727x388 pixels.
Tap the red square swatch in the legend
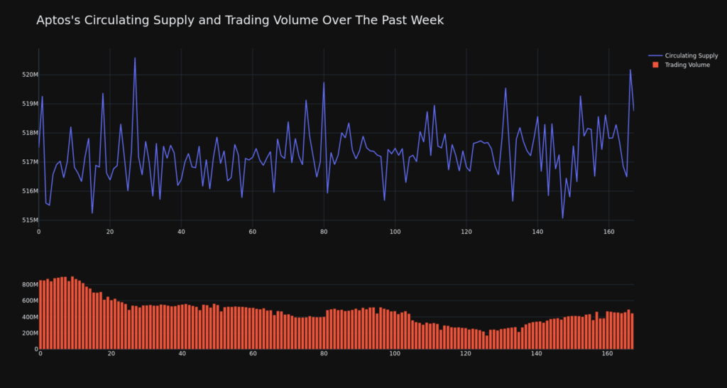point(655,65)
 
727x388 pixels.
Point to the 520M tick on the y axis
point(30,75)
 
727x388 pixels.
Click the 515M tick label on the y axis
point(30,220)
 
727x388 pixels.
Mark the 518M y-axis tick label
point(30,133)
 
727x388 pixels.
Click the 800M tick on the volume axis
point(28,285)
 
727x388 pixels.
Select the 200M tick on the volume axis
point(28,333)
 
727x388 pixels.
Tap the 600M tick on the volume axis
point(28,301)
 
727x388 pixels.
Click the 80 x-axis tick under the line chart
point(324,232)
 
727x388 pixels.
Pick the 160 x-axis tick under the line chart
point(608,232)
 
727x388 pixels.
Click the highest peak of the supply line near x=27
point(135,58)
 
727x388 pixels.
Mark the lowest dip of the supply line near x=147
point(562,217)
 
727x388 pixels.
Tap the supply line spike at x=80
point(324,83)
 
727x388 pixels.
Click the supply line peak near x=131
point(505,89)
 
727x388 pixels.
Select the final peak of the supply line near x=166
point(630,70)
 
